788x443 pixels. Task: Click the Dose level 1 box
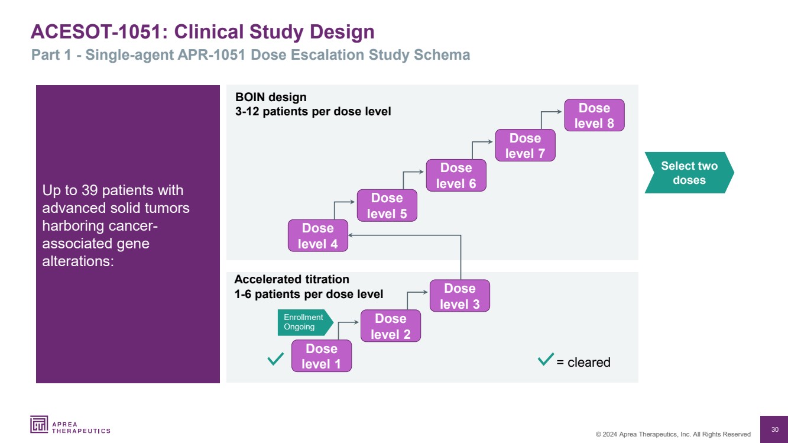coord(321,356)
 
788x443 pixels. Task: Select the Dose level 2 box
coord(390,326)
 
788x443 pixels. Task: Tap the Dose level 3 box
coord(459,296)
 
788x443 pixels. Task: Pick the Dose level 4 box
coord(317,235)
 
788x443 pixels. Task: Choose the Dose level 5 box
coord(387,205)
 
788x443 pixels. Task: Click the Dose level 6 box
coord(456,175)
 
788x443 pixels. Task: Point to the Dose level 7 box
coord(525,145)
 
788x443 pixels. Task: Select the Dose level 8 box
coord(594,115)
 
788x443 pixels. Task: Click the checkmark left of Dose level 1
coord(275,358)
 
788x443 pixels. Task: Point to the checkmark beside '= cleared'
coord(546,359)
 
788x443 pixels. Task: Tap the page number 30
coord(774,429)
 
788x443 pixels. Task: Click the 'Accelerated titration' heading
coord(291,279)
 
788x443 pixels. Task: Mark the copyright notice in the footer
coord(673,434)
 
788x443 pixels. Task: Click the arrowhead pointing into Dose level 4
coord(351,235)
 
